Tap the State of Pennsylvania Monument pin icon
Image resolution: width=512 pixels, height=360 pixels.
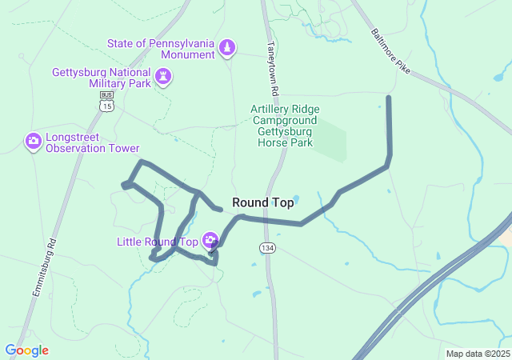pos(228,48)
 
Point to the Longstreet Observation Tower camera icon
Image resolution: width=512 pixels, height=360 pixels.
pos(34,142)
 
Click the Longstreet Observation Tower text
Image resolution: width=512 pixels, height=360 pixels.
pos(92,142)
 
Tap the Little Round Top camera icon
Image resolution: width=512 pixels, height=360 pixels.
pos(210,240)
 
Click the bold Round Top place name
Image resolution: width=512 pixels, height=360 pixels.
pos(262,203)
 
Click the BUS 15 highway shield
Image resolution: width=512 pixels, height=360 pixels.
pos(106,102)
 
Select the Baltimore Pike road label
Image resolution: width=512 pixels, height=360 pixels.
pos(391,53)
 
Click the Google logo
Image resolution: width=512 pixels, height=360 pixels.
pos(26,350)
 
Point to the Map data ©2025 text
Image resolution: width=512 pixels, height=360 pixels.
pos(477,354)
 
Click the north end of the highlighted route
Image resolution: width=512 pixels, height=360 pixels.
pos(389,98)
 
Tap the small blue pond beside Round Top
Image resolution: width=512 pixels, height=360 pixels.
pos(296,198)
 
